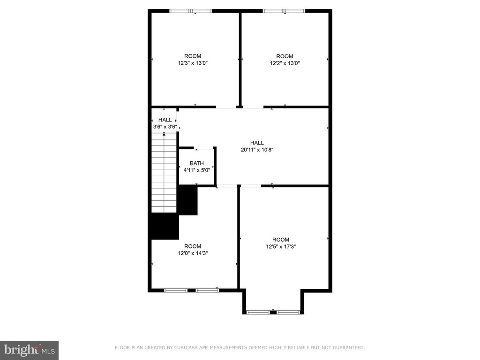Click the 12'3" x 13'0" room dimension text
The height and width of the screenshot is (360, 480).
193,63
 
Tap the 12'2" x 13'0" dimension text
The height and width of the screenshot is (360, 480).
285,63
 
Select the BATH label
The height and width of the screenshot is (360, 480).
196,163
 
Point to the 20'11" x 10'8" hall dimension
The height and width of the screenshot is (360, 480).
257,150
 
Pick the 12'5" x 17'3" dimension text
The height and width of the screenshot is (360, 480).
281,247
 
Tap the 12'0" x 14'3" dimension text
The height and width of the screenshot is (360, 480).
193,253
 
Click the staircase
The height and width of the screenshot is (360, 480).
164,172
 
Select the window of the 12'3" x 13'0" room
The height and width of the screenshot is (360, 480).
190,11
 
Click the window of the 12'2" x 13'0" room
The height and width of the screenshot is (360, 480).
284,11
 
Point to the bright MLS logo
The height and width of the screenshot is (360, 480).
30,350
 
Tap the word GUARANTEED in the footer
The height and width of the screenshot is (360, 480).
349,347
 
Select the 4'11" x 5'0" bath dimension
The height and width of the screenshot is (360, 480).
196,170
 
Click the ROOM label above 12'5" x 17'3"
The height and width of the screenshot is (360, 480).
281,240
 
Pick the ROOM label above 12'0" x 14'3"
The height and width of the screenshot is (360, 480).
193,246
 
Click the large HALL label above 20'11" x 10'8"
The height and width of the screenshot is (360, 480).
257,142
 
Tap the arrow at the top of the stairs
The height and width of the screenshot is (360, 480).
164,134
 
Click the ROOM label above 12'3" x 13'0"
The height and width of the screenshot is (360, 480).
193,56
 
